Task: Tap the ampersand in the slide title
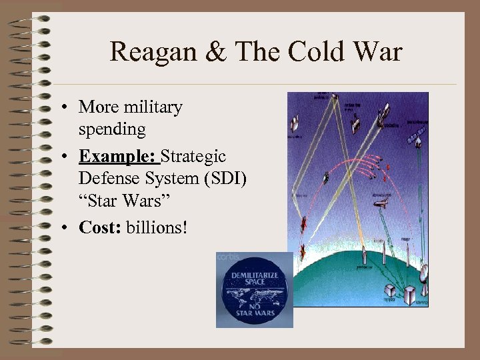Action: click(216, 52)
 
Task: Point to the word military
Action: click(150, 107)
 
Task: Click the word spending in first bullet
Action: click(111, 129)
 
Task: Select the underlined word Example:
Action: click(119, 157)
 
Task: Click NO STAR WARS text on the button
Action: click(254, 310)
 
